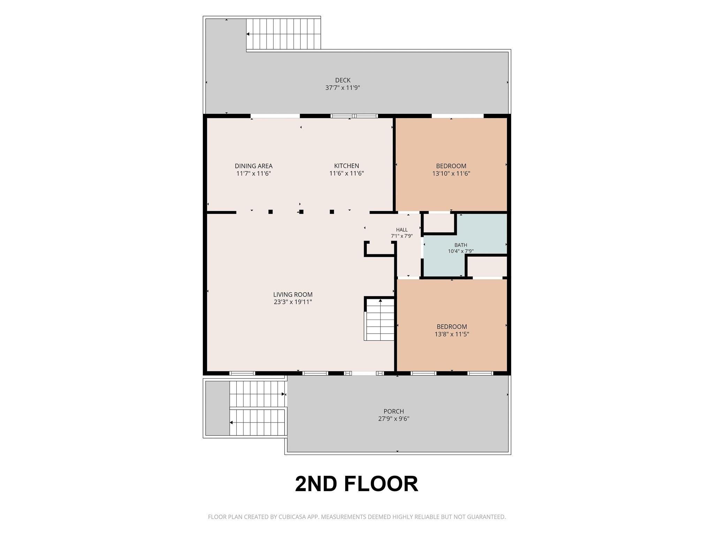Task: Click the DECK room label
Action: (x=343, y=80)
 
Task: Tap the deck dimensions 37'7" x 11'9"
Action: (x=343, y=88)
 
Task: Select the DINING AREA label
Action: (x=253, y=166)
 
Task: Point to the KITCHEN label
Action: (x=347, y=166)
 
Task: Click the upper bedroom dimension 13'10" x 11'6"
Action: (x=451, y=173)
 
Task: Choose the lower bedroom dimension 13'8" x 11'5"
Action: (x=452, y=334)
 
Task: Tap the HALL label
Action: (x=402, y=230)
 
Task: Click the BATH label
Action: (x=461, y=245)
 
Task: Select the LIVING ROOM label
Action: (x=293, y=295)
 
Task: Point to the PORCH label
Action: (x=394, y=411)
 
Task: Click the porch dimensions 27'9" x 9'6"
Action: (x=394, y=419)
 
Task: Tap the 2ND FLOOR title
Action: (x=356, y=484)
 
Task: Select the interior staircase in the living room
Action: (x=379, y=319)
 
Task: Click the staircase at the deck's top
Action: (x=283, y=34)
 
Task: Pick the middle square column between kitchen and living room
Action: (x=301, y=212)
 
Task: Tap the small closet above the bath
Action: (x=439, y=223)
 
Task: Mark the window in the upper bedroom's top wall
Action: (x=457, y=116)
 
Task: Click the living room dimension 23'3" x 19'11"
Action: (x=293, y=302)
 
